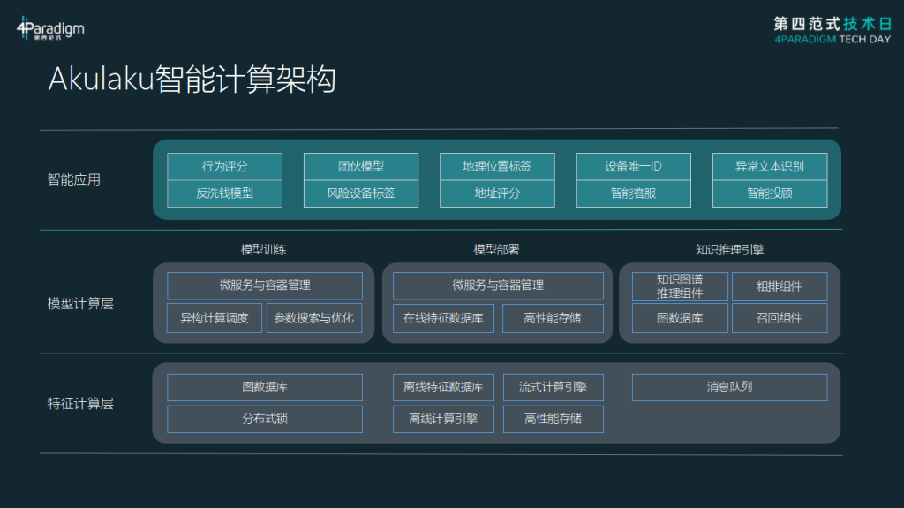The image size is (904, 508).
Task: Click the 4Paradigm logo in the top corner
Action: [50, 27]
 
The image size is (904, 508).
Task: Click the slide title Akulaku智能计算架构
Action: [192, 80]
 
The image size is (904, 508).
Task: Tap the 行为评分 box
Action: [224, 166]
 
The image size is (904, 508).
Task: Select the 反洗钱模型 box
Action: [224, 193]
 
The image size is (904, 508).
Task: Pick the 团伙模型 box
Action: [361, 166]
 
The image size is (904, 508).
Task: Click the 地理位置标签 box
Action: [497, 166]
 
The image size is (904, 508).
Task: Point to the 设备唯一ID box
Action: [634, 166]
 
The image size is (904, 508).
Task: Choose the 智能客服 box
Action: [634, 193]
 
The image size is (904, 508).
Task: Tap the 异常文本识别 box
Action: [770, 166]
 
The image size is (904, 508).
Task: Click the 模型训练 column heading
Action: [263, 249]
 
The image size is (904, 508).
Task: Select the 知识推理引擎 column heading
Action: [729, 249]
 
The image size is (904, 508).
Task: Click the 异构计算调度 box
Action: [214, 318]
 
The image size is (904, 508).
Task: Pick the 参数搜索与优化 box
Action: [314, 318]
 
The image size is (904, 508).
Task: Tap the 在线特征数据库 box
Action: [443, 318]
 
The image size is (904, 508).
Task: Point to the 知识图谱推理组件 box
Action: [680, 286]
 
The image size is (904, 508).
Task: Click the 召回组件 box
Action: [780, 318]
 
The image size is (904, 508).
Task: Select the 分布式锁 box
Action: [265, 419]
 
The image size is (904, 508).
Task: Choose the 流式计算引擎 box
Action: [554, 387]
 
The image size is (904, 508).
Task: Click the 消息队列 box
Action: [730, 387]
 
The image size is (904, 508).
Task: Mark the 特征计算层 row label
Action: [80, 404]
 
